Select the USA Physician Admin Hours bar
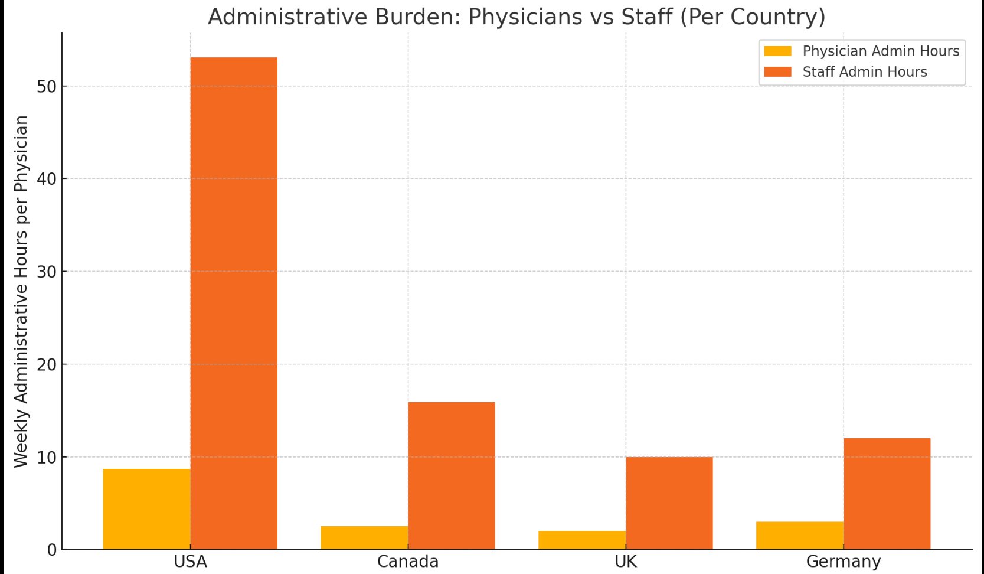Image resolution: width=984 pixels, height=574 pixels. tap(147, 509)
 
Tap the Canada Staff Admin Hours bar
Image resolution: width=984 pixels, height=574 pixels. tap(452, 475)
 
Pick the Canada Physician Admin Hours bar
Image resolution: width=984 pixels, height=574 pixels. tap(364, 538)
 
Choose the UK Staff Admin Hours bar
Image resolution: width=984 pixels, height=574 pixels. tap(669, 503)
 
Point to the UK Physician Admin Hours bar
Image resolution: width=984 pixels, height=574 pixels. tap(582, 540)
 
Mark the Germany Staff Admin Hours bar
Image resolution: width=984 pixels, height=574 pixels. tap(887, 494)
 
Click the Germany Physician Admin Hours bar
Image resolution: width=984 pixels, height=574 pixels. tap(800, 536)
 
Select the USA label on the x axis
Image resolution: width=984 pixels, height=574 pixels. tap(190, 562)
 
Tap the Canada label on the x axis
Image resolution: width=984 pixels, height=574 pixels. tap(408, 562)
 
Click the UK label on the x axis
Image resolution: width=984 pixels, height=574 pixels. tap(626, 562)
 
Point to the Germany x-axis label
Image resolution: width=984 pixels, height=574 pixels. tap(843, 562)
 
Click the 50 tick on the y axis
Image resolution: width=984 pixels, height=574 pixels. tap(47, 87)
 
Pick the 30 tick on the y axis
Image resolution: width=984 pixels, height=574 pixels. tap(47, 272)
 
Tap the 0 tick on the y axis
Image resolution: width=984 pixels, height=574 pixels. tap(52, 550)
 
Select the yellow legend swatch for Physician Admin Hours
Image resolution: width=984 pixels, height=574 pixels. tap(777, 51)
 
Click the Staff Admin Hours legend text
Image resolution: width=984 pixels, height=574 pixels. tap(864, 72)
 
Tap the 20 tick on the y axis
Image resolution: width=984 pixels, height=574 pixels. tap(47, 365)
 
